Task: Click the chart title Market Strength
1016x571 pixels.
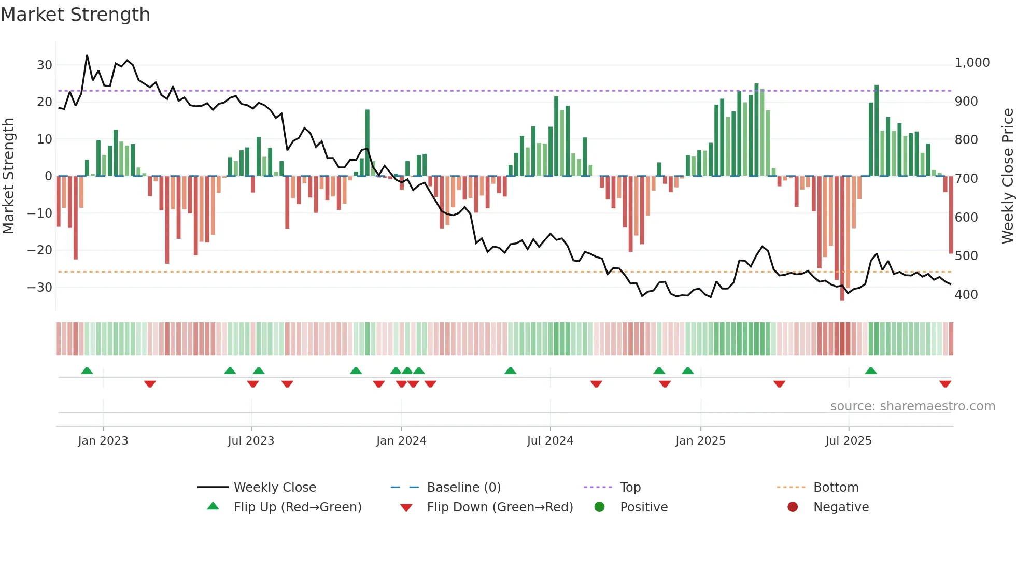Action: [x=75, y=15]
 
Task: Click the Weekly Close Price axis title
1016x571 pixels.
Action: [x=1007, y=176]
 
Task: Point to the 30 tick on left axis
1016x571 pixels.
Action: [x=45, y=65]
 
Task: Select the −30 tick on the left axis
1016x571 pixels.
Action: [x=40, y=287]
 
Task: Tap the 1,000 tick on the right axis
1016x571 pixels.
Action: [x=972, y=63]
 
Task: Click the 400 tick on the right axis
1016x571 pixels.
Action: [x=966, y=294]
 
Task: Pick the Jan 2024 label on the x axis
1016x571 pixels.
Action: [x=401, y=441]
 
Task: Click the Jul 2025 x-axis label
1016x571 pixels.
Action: [x=848, y=441]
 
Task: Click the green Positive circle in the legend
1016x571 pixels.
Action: [x=600, y=507]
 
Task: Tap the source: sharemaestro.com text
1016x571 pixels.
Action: [x=912, y=406]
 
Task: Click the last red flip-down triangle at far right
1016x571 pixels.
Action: [x=945, y=384]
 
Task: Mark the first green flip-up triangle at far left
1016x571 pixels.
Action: [x=87, y=370]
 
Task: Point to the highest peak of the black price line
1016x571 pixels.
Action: [x=87, y=55]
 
